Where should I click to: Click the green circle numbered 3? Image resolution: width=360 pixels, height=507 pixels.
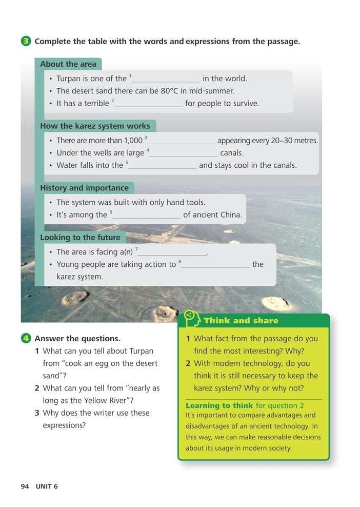pyautogui.click(x=27, y=42)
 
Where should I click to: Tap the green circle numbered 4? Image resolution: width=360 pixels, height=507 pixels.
pyautogui.click(x=27, y=338)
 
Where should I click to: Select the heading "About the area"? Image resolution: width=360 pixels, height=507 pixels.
pyautogui.click(x=68, y=64)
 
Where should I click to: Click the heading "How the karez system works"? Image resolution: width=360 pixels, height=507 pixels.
pyautogui.click(x=95, y=126)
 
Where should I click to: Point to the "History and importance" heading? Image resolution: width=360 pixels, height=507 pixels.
pyautogui.click(x=84, y=188)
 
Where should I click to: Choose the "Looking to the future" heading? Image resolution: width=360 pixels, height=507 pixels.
pyautogui.click(x=80, y=238)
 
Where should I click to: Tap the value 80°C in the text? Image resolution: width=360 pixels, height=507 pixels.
pyautogui.click(x=151, y=91)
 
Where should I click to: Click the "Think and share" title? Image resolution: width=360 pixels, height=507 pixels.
pyautogui.click(x=241, y=321)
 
